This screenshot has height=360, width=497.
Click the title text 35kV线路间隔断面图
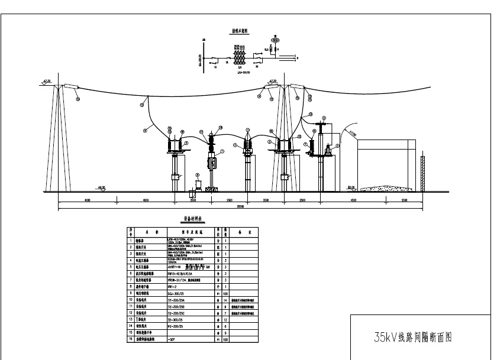(x=413, y=338)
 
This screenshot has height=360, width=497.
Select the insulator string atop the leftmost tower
(x=72, y=88)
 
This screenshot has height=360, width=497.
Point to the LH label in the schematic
(x=239, y=69)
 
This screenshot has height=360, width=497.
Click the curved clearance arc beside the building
(x=338, y=136)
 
